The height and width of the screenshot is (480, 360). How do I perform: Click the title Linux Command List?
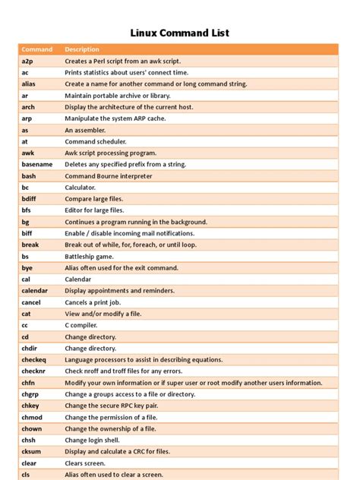180,33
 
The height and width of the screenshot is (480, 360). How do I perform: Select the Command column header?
36,49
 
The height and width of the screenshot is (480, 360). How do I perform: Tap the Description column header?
82,49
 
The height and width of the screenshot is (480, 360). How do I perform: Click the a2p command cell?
27,61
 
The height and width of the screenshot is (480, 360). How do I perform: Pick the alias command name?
29,84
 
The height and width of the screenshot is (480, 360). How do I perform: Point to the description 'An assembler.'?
85,130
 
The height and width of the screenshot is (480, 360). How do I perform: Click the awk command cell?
28,153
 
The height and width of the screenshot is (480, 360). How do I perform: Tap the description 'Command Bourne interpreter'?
108,176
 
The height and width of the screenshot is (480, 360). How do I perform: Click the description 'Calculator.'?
80,187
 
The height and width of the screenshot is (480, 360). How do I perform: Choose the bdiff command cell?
30,199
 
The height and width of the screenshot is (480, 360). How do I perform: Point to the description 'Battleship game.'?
90,256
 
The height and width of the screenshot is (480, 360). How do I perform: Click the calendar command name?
34,291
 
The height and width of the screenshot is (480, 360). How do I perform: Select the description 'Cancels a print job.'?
93,302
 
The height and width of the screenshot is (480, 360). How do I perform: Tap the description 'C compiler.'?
82,325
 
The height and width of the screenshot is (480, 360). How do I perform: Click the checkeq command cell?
34,360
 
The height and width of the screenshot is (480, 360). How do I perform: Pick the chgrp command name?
30,394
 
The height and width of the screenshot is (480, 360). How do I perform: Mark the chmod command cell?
32,417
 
